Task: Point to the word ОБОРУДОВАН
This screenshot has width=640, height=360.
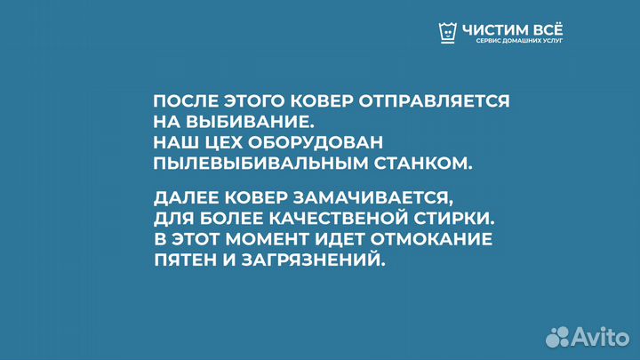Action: (x=318, y=142)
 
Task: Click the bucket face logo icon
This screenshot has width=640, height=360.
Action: (x=449, y=32)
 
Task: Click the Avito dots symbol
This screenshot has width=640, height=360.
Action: (x=558, y=336)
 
